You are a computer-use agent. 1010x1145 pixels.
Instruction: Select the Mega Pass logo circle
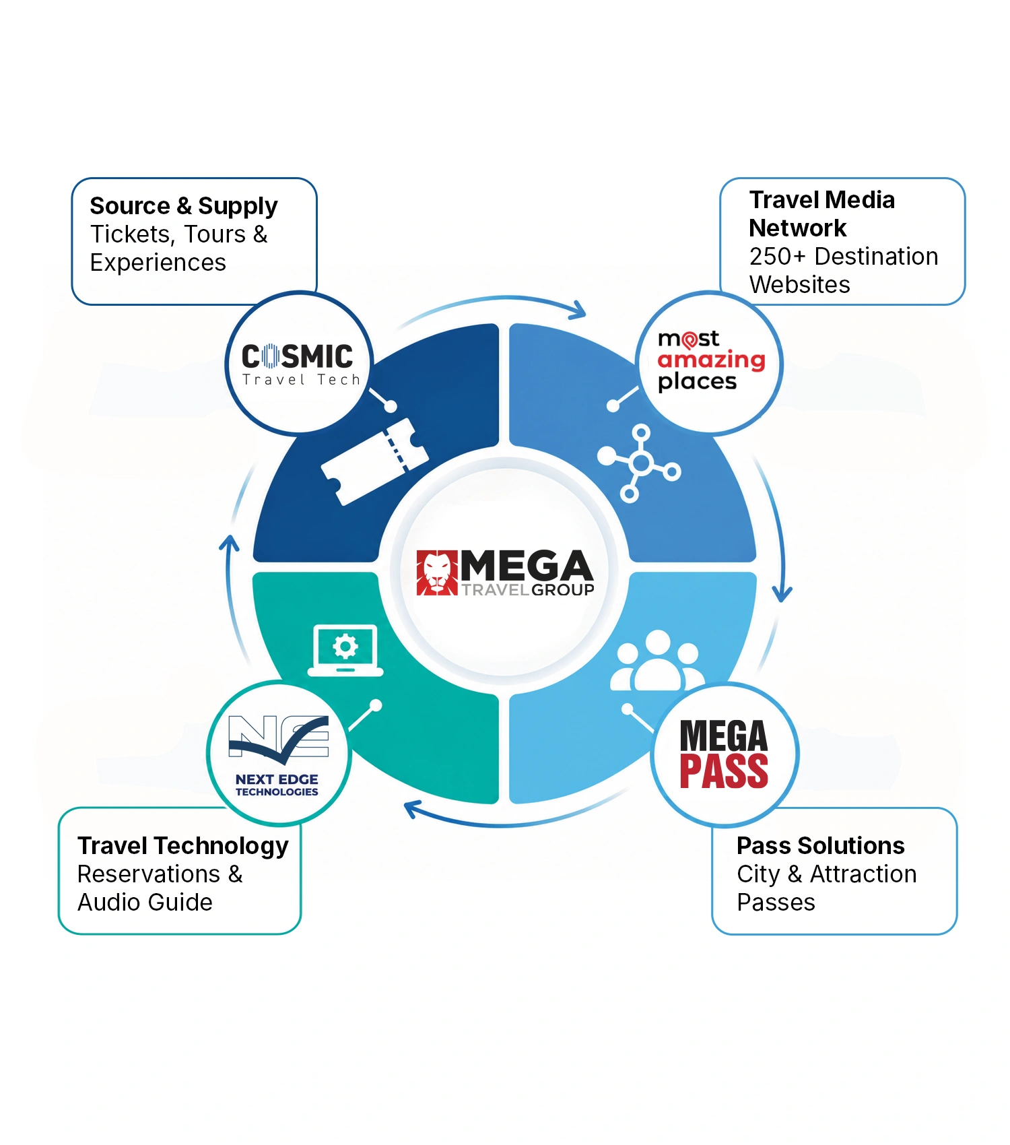(x=725, y=754)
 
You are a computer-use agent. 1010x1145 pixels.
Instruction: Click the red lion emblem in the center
(x=437, y=573)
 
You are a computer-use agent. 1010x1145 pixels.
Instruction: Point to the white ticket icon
(x=374, y=461)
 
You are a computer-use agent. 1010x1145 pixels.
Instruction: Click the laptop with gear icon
(x=345, y=651)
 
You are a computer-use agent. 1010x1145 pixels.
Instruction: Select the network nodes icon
(x=639, y=463)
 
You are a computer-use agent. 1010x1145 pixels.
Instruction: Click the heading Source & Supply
(x=184, y=206)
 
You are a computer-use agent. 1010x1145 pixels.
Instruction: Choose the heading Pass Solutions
(x=820, y=845)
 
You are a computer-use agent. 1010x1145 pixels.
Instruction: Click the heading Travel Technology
(x=183, y=847)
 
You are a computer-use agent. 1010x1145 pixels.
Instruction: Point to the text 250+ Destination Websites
(x=844, y=270)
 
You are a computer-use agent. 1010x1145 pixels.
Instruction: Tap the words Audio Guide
(x=145, y=902)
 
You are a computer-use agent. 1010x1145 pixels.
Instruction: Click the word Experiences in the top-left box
(x=158, y=263)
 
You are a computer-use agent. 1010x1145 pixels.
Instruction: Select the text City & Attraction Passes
(x=827, y=888)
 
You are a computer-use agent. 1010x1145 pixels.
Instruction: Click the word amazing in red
(x=712, y=360)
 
